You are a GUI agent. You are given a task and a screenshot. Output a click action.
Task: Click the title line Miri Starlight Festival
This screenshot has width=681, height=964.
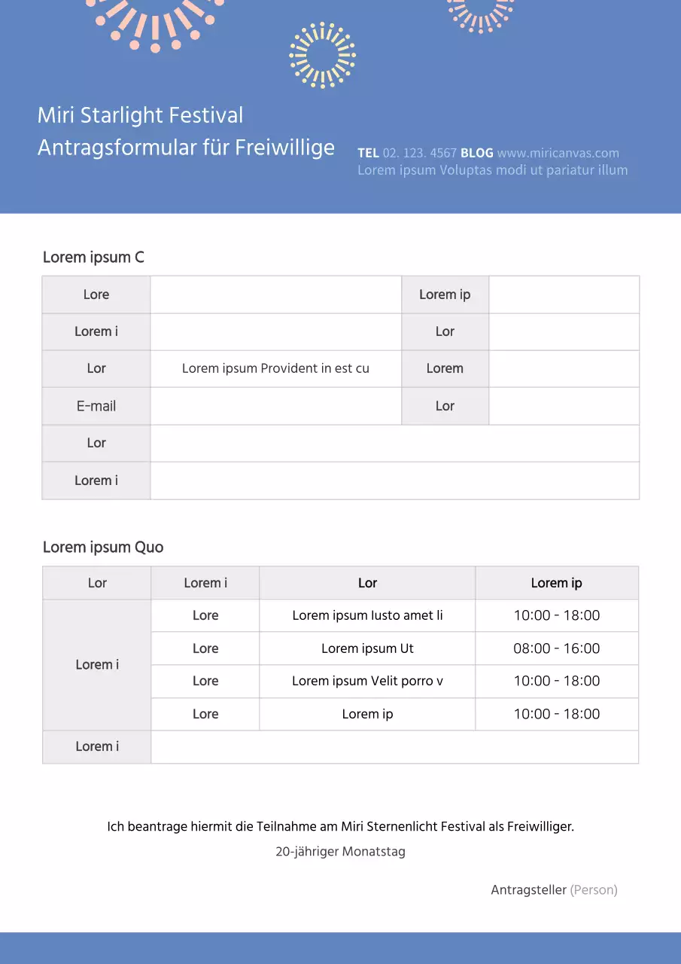[x=140, y=115]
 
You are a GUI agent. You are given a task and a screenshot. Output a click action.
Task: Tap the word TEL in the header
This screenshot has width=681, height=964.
[x=368, y=153]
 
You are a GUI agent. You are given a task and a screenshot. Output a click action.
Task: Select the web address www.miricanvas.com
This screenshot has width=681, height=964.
[x=558, y=153]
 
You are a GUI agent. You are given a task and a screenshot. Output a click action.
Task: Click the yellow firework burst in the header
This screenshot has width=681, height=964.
[x=322, y=56]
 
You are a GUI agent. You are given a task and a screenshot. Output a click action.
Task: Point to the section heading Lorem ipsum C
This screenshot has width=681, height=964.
[x=93, y=258]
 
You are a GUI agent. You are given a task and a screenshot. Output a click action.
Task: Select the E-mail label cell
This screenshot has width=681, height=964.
[x=96, y=406]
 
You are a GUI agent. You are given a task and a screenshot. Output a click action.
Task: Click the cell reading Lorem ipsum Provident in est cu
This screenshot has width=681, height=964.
[x=275, y=368]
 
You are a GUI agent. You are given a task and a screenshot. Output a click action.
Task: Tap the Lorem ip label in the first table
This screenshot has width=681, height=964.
[x=445, y=294]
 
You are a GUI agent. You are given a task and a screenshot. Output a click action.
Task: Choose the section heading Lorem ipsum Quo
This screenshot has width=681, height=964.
[x=103, y=548]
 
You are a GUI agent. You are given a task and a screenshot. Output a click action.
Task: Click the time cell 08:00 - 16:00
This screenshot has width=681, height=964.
[x=557, y=648]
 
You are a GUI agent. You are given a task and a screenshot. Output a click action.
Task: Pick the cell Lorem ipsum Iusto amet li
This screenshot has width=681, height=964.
[x=367, y=615]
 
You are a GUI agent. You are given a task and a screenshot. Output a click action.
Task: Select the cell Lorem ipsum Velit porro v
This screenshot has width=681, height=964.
[x=367, y=681]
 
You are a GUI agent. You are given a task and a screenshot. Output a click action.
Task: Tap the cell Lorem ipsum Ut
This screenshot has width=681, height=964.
[x=367, y=648]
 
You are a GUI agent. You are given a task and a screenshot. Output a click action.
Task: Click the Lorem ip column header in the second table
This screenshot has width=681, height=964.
[x=556, y=583]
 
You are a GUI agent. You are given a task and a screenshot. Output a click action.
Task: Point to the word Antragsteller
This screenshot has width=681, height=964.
[x=528, y=890]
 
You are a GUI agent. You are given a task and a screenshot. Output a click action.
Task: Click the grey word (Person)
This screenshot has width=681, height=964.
[x=594, y=890]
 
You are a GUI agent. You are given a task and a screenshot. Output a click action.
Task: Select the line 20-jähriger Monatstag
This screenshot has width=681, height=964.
[x=340, y=852]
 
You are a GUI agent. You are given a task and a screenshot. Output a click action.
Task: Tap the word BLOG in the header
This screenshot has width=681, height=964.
[x=477, y=153]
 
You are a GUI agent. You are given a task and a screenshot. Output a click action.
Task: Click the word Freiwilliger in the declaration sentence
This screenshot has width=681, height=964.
[x=540, y=826]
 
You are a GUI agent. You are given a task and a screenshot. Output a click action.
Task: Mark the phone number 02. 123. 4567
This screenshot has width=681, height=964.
[x=420, y=153]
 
